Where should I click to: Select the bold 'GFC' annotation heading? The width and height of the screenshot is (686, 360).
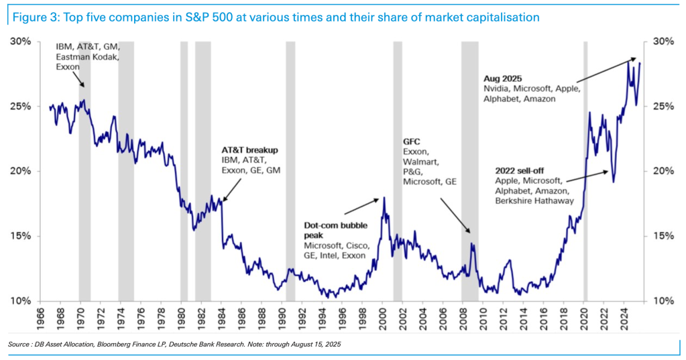click(x=411, y=142)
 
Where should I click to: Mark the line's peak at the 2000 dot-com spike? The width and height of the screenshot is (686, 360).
click(x=384, y=198)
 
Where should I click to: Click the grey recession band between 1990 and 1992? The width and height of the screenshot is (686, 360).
click(x=290, y=168)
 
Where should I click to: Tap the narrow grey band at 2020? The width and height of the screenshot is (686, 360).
click(x=585, y=168)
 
